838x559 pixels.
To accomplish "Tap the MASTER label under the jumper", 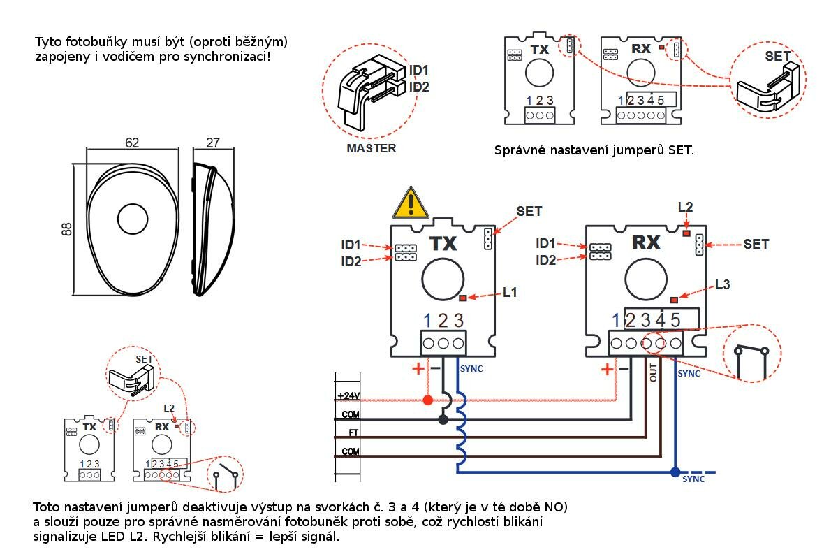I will click(372, 148).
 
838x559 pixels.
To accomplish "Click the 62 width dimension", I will click(132, 143).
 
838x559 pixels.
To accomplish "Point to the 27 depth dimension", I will click(213, 143).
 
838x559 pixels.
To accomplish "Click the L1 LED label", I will click(510, 293).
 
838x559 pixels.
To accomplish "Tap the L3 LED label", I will click(723, 284).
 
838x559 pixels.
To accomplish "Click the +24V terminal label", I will click(348, 396).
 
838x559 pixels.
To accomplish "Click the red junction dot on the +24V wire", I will click(427, 400).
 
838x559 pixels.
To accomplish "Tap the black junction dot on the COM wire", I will click(443, 419).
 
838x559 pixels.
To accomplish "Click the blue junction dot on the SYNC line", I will click(675, 472).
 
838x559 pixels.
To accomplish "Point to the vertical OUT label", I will click(654, 372).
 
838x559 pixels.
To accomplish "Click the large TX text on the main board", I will click(443, 243).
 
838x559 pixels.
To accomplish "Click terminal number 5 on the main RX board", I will click(675, 321).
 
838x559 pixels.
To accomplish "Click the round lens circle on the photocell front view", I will click(131, 219).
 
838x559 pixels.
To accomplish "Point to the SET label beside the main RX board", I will click(756, 244).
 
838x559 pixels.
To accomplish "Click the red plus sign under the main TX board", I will click(418, 368).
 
